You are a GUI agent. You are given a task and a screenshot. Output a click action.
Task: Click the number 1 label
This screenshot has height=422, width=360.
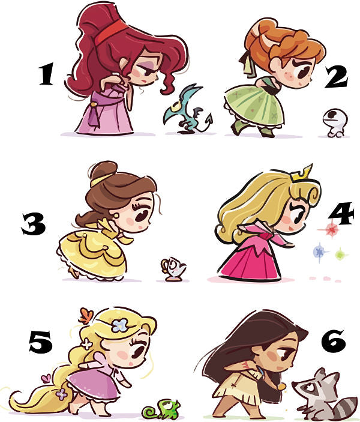pos(47,74)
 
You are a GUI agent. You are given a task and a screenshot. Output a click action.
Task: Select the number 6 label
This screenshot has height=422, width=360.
pos(334,341)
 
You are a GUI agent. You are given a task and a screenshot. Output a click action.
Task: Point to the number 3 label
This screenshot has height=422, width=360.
pos(34,224)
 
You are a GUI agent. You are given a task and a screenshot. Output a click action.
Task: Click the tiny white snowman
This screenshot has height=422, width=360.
pos(334,122)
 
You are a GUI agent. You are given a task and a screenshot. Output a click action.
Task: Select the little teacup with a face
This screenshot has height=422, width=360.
pos(173,269)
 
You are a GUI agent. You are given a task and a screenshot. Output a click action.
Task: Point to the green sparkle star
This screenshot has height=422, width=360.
pos(341,254)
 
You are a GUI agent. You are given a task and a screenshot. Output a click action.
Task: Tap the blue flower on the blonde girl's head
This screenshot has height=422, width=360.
pos(120,325)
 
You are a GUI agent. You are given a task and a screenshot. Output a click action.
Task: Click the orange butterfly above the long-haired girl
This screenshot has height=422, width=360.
pos(86,315)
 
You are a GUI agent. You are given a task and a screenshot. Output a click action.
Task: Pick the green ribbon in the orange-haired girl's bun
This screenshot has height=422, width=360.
pos(245,63)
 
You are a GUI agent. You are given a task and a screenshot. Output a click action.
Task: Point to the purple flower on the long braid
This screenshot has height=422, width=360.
pos(62,394)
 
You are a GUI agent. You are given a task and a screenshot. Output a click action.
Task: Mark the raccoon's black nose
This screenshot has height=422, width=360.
pos(294,384)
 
